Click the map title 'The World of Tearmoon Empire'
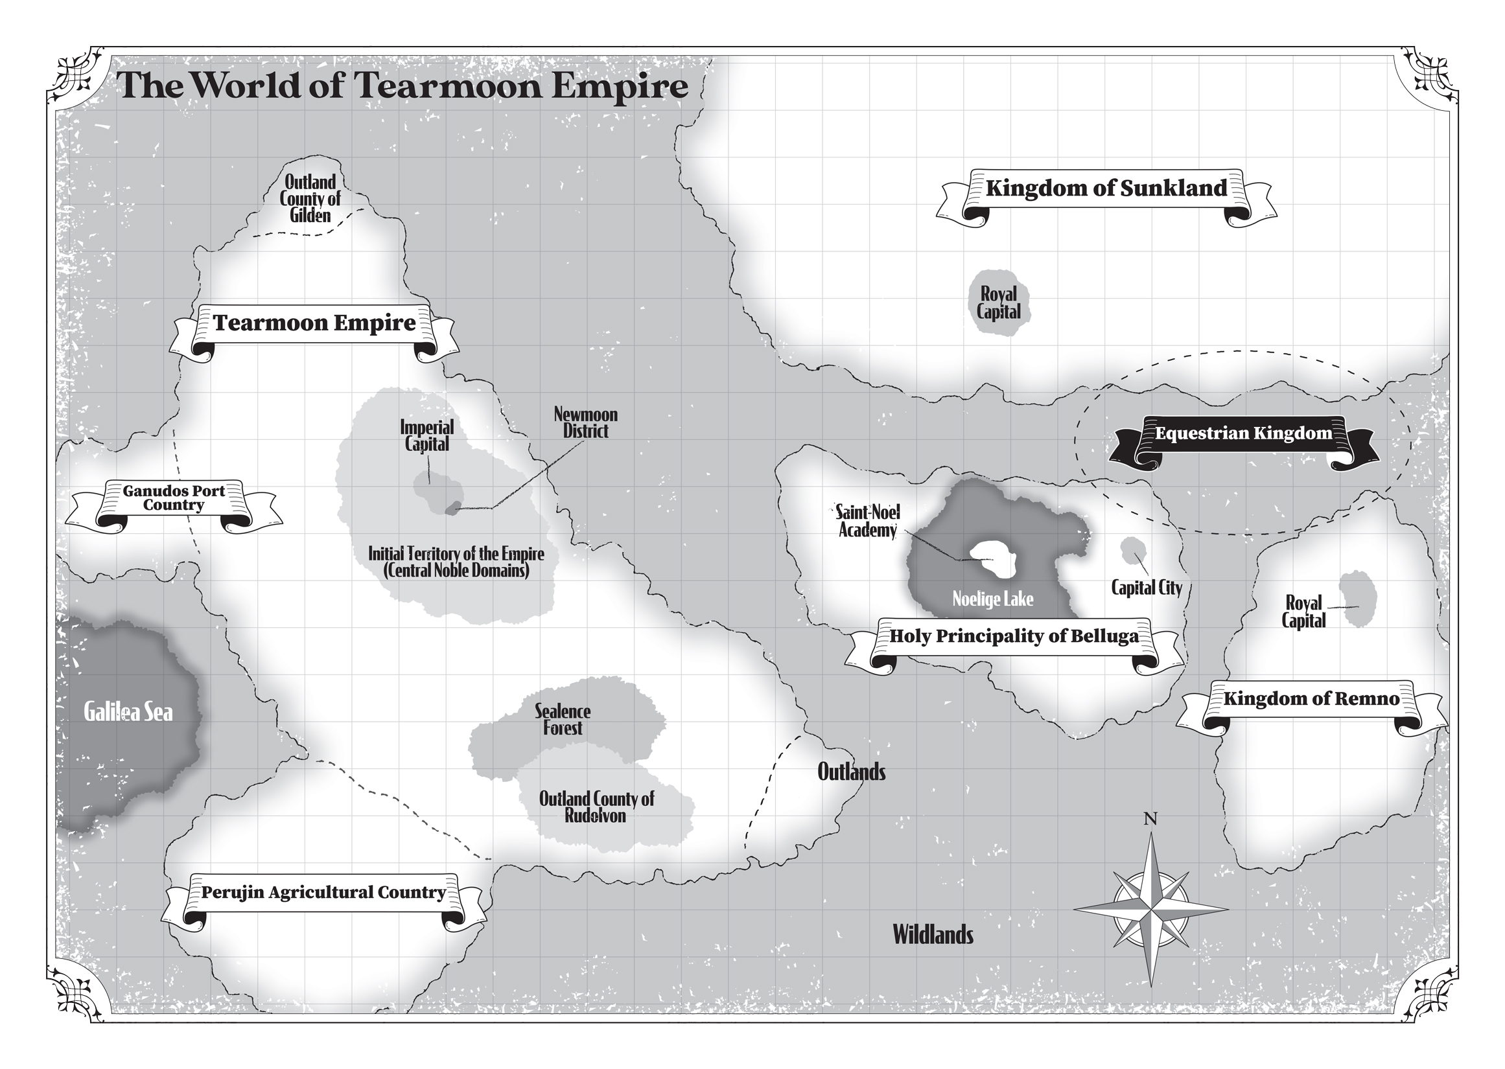click(402, 86)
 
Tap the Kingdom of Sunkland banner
click(1106, 189)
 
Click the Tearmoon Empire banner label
click(314, 323)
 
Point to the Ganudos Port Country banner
click(174, 498)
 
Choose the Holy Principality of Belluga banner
click(1014, 636)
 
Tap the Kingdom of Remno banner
click(1311, 698)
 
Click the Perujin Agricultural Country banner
click(323, 893)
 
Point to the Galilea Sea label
click(128, 711)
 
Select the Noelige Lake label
click(992, 599)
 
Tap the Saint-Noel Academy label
click(868, 522)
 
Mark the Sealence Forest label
click(562, 719)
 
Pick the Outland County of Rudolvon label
click(596, 807)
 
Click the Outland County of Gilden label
click(310, 199)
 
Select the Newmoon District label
click(585, 422)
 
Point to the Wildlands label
click(932, 935)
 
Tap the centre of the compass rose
click(1150, 910)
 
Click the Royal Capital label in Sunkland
click(999, 303)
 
